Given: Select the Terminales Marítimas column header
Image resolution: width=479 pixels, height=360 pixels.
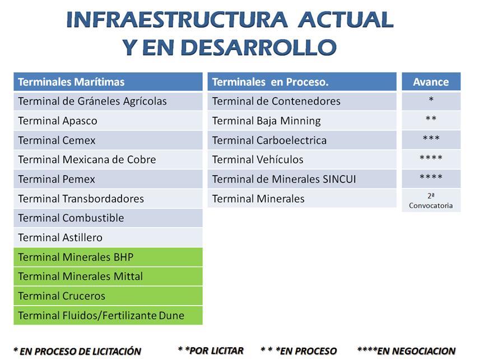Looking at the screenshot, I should pos(108,82).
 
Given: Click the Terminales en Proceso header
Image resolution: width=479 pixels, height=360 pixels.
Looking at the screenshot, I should pos(302,82).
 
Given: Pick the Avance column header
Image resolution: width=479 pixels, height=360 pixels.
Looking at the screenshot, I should pos(431,82).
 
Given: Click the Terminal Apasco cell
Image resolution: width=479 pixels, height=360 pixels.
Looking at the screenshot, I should pos(108,121).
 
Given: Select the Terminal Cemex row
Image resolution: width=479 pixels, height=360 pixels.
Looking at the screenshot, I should pos(108,140).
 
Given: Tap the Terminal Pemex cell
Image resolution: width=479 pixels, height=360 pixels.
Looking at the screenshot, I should pos(108,179).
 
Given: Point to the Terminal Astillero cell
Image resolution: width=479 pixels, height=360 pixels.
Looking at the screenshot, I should pos(108,237).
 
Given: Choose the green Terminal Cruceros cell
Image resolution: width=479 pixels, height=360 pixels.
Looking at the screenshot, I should pos(108,296).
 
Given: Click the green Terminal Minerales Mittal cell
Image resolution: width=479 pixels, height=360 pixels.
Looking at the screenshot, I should pos(108,276).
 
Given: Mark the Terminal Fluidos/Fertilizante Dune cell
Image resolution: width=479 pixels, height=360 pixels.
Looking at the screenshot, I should pos(108,315).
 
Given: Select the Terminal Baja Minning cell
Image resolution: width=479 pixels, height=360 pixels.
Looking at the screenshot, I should pos(302,121).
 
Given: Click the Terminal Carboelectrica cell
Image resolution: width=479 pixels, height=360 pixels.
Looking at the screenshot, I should pos(302,140).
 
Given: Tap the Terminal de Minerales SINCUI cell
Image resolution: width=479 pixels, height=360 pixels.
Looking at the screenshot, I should pos(302,179).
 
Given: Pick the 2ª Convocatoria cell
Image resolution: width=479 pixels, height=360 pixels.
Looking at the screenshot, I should pos(431,200).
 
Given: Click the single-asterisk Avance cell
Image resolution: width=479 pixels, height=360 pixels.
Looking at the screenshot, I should pos(431,101).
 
